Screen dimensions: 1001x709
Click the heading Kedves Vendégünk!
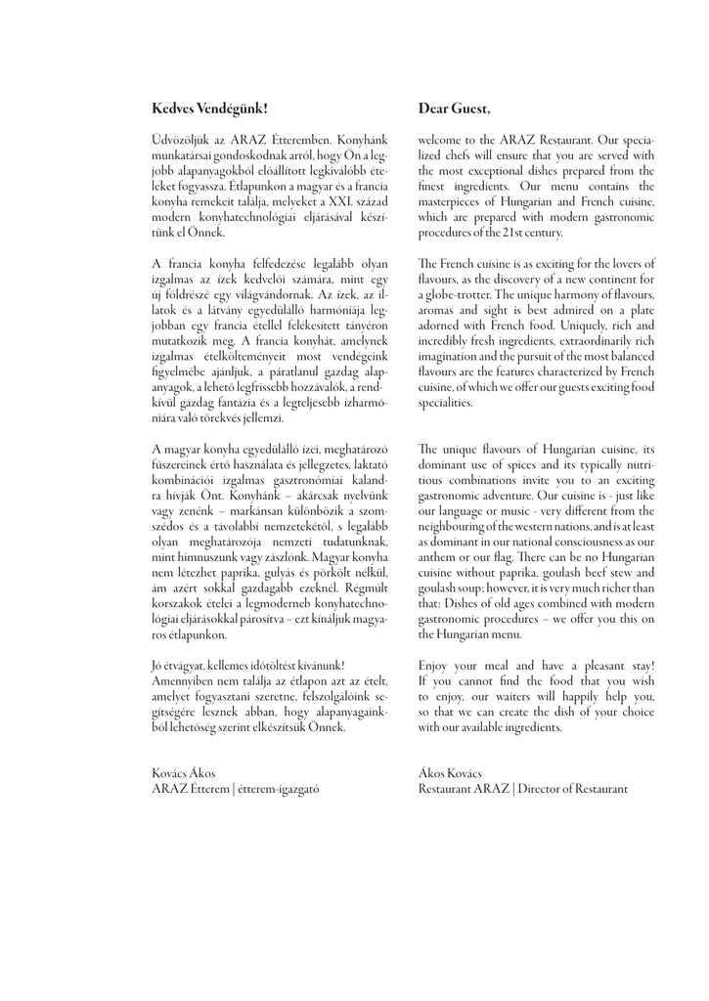click(x=209, y=108)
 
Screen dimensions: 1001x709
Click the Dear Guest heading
click(x=455, y=108)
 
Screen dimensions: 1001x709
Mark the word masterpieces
click(x=456, y=201)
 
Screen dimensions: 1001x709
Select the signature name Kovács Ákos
click(x=184, y=773)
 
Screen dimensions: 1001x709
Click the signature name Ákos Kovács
click(x=450, y=773)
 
